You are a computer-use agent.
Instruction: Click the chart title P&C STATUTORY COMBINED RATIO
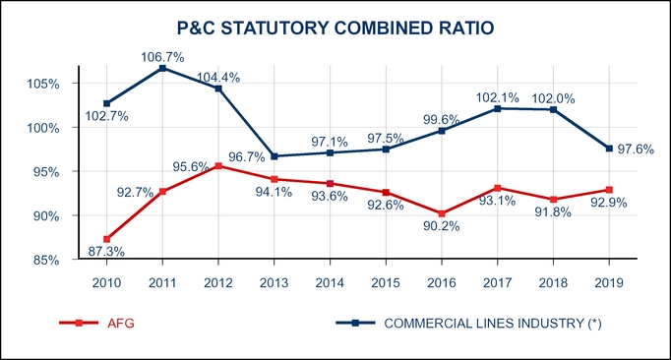pyautogui.click(x=335, y=30)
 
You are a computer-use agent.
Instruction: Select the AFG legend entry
pyautogui.click(x=118, y=323)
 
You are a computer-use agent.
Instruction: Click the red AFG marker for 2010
pyautogui.click(x=106, y=239)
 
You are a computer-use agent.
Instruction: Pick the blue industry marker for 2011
pyautogui.click(x=162, y=68)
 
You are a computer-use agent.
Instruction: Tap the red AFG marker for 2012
pyautogui.click(x=218, y=166)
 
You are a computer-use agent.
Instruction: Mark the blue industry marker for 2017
pyautogui.click(x=498, y=108)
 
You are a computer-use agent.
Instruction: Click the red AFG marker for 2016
pyautogui.click(x=442, y=213)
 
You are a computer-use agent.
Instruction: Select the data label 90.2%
pyautogui.click(x=444, y=228)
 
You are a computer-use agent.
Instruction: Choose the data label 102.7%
pyautogui.click(x=107, y=117)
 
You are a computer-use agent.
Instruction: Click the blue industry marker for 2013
pyautogui.click(x=274, y=156)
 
